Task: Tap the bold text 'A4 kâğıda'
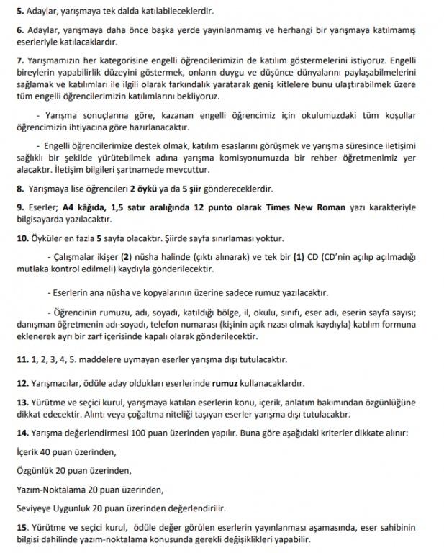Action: point(80,208)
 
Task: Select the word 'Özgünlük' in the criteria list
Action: point(34,471)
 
